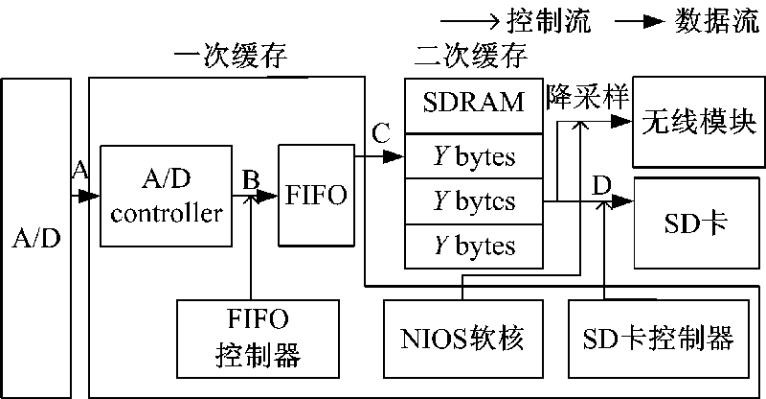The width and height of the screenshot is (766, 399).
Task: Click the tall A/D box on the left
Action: [x=35, y=238]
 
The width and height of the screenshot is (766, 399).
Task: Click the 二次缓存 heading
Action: [x=471, y=56]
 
